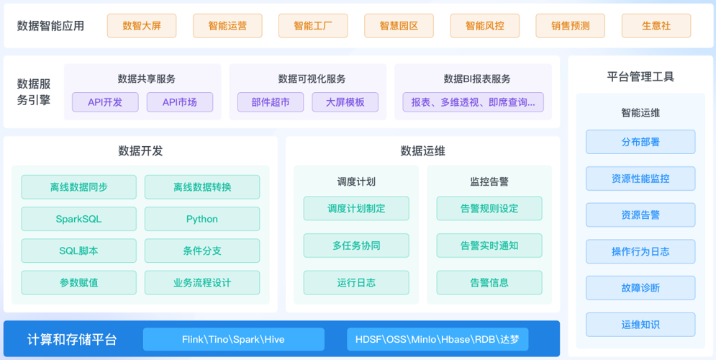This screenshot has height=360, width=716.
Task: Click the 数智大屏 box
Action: (x=142, y=26)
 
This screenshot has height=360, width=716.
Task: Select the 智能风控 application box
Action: (x=484, y=26)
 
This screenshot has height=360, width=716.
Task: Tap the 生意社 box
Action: (x=656, y=26)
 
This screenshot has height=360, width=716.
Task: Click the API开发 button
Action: (x=105, y=102)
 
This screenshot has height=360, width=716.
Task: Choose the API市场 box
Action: (x=180, y=102)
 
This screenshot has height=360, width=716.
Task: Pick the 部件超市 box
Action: (x=271, y=102)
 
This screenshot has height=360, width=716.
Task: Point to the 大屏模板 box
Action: (x=345, y=102)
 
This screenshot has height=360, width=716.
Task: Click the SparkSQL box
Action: (x=78, y=219)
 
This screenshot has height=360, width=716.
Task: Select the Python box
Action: (x=202, y=219)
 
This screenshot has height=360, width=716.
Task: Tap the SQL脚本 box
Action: (x=78, y=251)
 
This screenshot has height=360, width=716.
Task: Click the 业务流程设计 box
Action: (x=202, y=283)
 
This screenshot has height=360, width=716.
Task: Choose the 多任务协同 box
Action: (x=356, y=246)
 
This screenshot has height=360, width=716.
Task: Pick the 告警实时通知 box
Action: (x=489, y=246)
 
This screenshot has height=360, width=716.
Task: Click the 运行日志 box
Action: (x=356, y=283)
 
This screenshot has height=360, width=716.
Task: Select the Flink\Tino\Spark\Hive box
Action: (x=234, y=339)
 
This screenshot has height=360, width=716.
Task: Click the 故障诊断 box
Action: (x=640, y=288)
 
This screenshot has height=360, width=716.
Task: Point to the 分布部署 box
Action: (x=640, y=142)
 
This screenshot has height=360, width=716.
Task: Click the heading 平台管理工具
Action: (x=640, y=77)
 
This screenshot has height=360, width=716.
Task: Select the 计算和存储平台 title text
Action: (x=72, y=340)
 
